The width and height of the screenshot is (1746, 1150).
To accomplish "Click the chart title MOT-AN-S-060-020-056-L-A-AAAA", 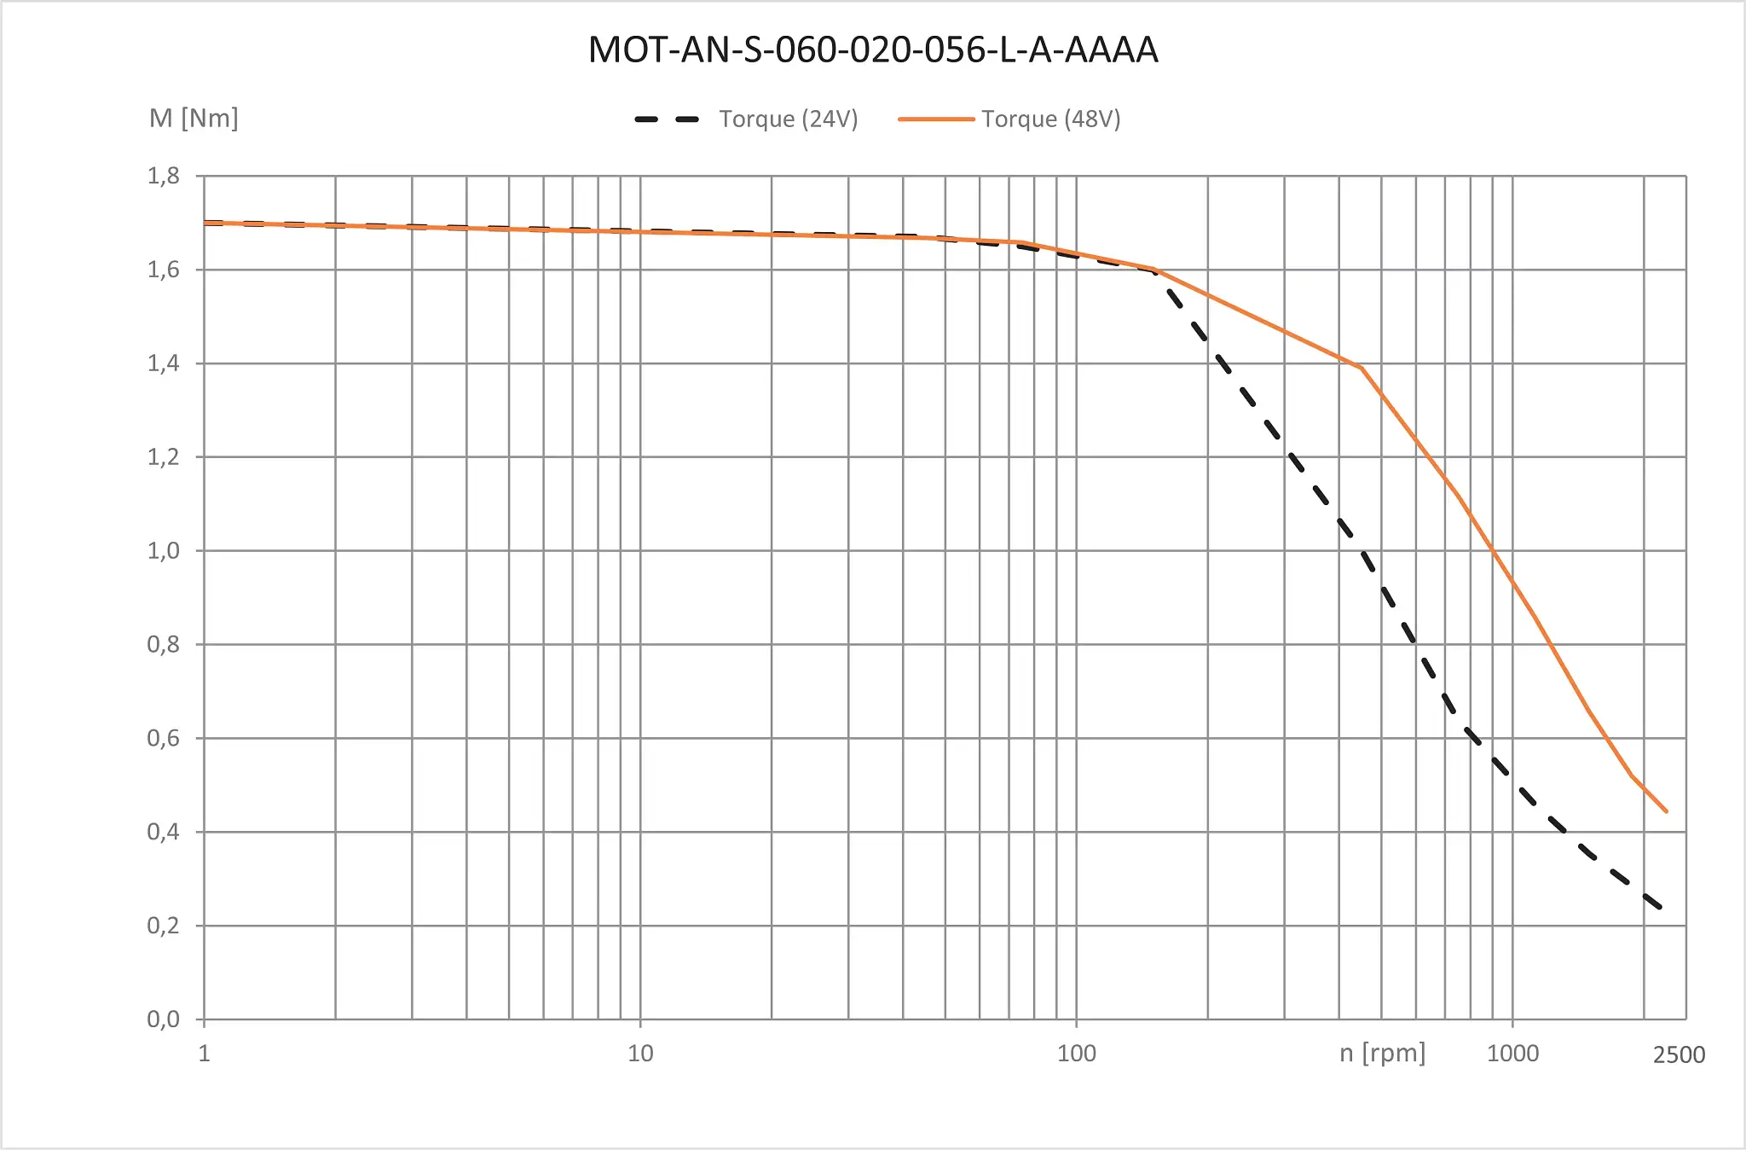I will click(873, 49).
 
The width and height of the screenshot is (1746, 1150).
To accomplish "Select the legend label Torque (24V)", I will click(788, 119).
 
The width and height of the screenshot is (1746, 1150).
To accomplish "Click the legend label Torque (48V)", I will click(1050, 119).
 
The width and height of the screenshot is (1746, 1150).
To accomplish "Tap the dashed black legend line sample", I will click(667, 119).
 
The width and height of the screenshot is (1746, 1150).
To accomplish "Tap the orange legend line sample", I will click(935, 119).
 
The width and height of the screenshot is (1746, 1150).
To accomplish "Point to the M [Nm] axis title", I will click(194, 118).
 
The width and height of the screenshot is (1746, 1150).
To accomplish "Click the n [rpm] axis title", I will click(1382, 1053).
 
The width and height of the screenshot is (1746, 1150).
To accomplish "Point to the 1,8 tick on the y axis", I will click(164, 176).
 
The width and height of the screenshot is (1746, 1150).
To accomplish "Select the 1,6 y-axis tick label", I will click(164, 270).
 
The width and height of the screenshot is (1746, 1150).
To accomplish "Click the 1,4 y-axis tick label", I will click(164, 363).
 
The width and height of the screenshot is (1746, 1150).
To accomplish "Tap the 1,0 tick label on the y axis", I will click(164, 550).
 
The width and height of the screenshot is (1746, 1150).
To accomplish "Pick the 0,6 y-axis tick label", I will click(164, 738).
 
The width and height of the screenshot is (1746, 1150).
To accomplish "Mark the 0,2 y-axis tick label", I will click(164, 925).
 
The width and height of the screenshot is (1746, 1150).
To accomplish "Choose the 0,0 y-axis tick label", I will click(164, 1019).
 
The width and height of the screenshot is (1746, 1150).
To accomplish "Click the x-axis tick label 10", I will click(640, 1054).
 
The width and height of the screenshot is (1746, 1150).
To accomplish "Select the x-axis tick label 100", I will click(1077, 1054).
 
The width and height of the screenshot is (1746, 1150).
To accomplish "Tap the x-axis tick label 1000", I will click(1512, 1054).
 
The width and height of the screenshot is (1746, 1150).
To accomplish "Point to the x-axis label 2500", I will click(1679, 1055).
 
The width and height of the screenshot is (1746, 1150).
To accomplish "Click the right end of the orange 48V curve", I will click(1666, 811).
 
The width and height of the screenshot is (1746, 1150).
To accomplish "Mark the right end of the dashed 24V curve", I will click(1661, 908).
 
